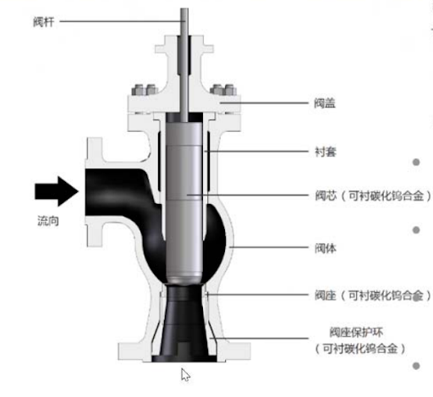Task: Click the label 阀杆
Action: [44, 22]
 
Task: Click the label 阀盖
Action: [325, 103]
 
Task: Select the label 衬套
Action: [326, 152]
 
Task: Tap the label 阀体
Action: [326, 248]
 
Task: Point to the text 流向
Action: [48, 221]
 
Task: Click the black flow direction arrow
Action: [57, 191]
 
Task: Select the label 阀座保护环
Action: [356, 333]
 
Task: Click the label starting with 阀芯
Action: [373, 196]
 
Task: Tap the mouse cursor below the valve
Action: [185, 375]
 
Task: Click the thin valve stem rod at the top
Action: [184, 65]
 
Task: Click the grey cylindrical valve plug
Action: [184, 201]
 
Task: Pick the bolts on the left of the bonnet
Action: [145, 90]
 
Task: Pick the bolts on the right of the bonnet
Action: [223, 90]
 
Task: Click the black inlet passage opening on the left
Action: [112, 193]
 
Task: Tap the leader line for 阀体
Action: [269, 247]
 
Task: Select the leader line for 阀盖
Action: [264, 103]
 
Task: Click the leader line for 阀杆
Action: [123, 21]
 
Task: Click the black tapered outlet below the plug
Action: [184, 323]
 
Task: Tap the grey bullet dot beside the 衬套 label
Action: [416, 163]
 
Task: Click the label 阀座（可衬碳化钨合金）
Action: [373, 295]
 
